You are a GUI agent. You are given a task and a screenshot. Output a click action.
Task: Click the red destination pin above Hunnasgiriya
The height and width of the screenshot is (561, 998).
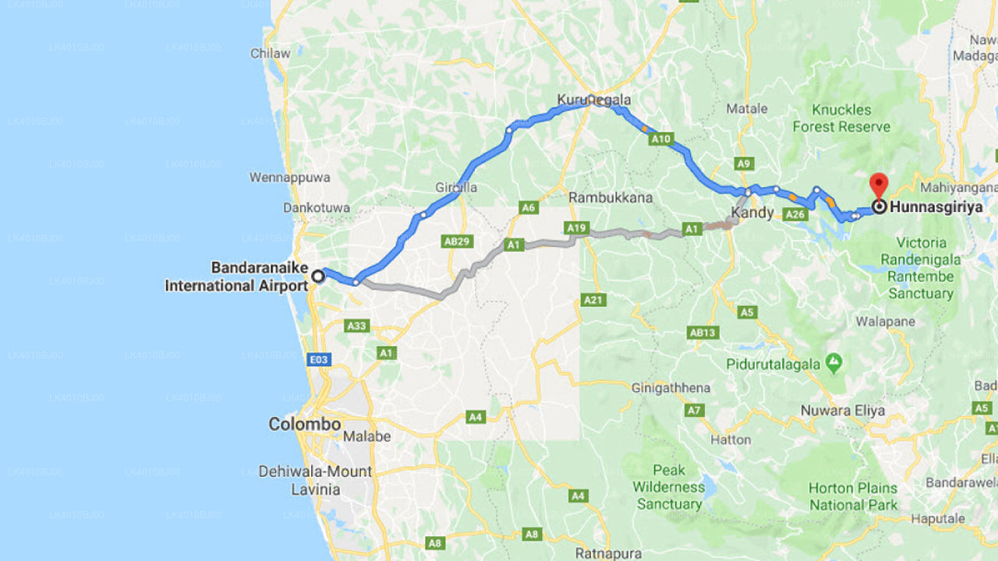879,186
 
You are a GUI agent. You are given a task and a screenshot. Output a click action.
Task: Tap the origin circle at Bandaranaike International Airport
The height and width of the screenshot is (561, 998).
318,275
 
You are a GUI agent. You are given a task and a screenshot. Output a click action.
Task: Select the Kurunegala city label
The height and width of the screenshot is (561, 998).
593,100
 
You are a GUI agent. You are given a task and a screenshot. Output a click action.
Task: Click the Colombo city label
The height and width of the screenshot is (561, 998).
305,425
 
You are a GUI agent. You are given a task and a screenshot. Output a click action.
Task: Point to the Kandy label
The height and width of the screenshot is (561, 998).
752,213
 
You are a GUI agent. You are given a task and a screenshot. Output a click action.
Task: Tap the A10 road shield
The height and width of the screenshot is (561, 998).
661,139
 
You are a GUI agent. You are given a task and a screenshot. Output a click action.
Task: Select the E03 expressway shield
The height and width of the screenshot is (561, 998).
319,359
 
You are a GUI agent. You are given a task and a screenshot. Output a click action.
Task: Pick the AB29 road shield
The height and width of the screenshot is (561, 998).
458,242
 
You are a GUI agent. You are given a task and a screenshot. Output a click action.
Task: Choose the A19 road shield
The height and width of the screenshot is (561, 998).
576,228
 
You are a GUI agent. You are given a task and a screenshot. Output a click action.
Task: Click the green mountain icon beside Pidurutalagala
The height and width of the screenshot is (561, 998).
834,362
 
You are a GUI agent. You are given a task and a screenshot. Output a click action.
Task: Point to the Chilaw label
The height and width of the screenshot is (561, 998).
271,54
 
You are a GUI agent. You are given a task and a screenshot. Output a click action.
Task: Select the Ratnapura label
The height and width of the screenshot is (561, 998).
608,554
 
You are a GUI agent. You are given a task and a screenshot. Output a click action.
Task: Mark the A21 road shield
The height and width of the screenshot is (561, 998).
593,300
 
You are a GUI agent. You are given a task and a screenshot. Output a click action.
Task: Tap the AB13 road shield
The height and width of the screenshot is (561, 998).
702,333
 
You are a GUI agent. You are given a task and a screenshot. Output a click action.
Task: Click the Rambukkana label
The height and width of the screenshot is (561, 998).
610,198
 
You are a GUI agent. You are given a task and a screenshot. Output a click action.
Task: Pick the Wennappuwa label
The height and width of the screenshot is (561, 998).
290,178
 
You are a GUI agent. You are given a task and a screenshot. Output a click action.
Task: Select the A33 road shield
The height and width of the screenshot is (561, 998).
357,326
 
